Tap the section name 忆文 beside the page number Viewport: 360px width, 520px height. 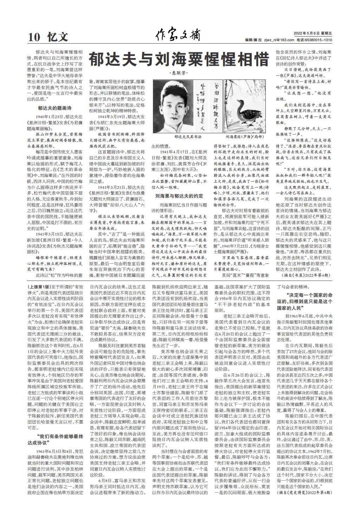click(58, 37)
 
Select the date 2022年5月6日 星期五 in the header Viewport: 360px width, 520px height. click(315, 33)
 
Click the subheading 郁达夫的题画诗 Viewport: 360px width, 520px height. click(54, 108)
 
